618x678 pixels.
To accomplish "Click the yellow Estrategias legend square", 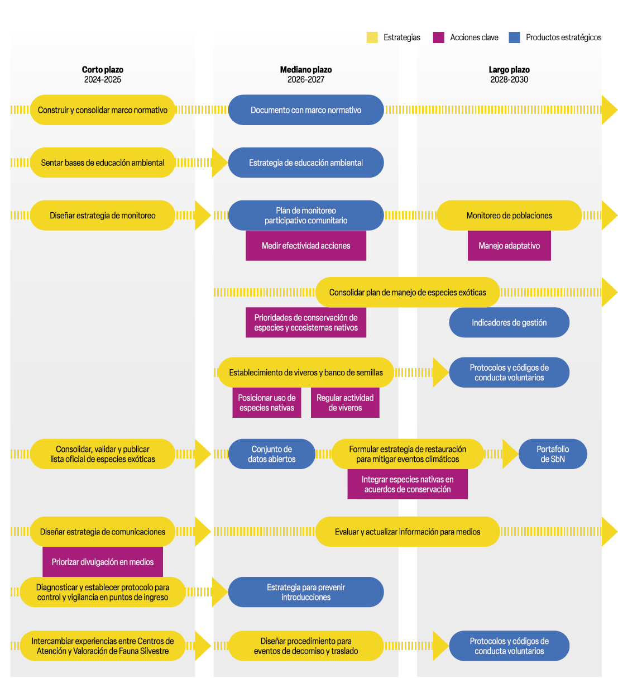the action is coord(372,37).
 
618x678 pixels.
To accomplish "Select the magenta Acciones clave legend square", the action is coord(439,37).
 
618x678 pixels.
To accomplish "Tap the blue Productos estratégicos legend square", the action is coord(514,37).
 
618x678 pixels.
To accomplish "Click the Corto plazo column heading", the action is coord(102,70).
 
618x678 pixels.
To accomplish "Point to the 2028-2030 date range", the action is coord(509,79).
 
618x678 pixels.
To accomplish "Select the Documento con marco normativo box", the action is coord(306,110).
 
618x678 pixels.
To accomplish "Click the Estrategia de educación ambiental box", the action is coord(306,163).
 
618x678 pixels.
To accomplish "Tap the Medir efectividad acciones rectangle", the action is coord(306,246).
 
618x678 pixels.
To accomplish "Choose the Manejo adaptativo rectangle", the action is coord(509,246).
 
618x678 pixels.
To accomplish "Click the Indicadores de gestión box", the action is coord(509,322).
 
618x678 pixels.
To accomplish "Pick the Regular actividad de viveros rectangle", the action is coord(345,403).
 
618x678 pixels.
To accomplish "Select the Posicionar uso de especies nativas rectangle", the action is coord(267,403).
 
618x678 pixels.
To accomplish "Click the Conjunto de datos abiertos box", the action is coord(272,454).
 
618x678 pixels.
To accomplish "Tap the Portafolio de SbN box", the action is coord(553,454).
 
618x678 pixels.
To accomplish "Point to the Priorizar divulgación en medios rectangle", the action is coord(103,562).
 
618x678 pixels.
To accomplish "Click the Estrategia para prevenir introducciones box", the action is coord(306,592).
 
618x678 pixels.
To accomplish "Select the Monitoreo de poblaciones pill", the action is coord(509,216).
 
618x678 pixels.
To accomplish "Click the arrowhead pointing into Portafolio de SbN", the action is coord(510,454).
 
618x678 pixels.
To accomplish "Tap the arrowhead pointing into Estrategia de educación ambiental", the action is coord(219,163).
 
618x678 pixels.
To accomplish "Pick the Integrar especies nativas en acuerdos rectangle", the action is coord(408,484).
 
